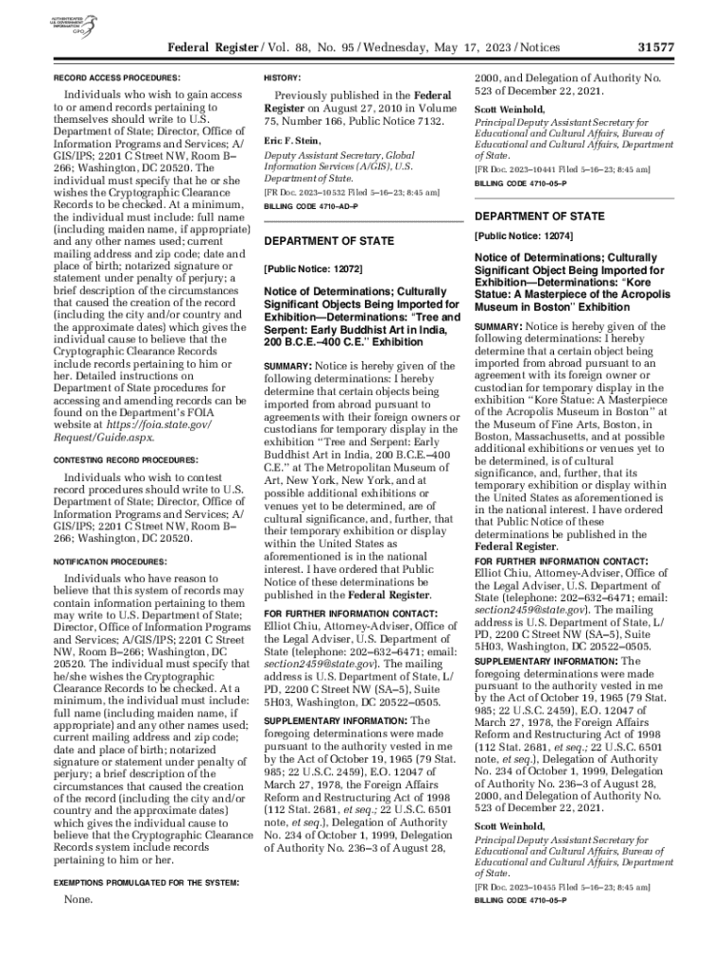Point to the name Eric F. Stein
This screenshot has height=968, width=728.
point(295,140)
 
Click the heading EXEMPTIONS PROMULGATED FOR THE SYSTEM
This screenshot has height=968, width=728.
point(145,882)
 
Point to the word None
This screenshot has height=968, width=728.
point(78,901)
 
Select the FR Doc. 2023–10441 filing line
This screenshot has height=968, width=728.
point(562,169)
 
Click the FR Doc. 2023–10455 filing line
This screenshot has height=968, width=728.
point(562,889)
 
